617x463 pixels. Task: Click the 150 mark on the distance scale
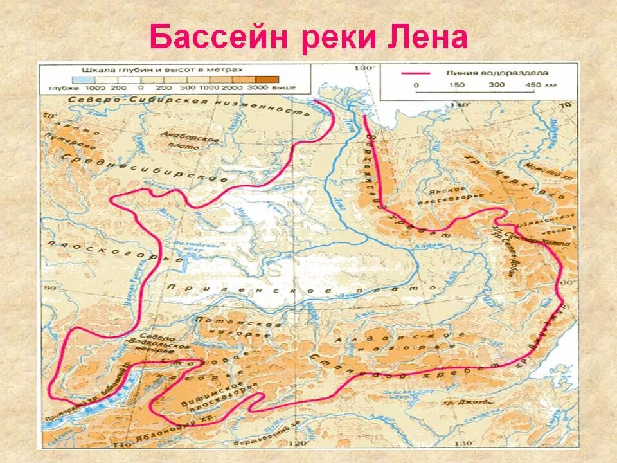[x=457, y=85]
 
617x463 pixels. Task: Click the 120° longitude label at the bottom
[x=297, y=443]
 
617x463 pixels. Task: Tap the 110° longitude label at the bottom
[x=118, y=444]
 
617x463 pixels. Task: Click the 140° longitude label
[x=461, y=104]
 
